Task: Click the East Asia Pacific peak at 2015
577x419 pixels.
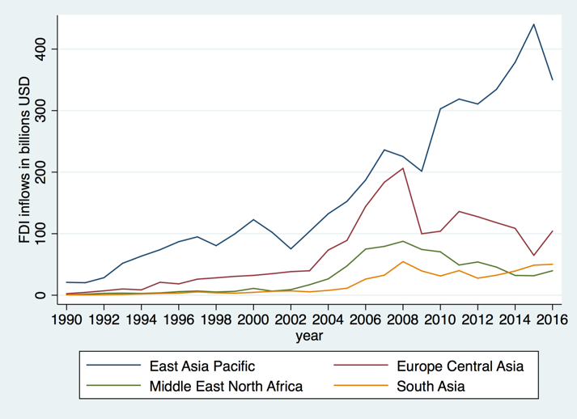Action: tap(533, 24)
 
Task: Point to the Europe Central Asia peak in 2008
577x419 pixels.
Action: tap(403, 168)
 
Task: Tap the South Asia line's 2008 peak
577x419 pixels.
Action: tap(403, 261)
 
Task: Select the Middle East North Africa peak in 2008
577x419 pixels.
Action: tap(403, 241)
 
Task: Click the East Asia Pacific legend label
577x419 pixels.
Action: tap(207, 366)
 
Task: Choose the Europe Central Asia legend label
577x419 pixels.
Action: tap(460, 366)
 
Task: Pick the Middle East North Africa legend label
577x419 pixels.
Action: tap(226, 386)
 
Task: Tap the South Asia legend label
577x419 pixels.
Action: tap(431, 386)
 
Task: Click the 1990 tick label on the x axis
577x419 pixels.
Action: tap(66, 317)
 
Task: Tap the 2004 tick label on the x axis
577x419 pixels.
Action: tap(328, 317)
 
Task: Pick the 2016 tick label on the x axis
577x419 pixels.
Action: tap(552, 317)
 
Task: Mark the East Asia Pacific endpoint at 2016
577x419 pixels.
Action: tap(552, 79)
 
